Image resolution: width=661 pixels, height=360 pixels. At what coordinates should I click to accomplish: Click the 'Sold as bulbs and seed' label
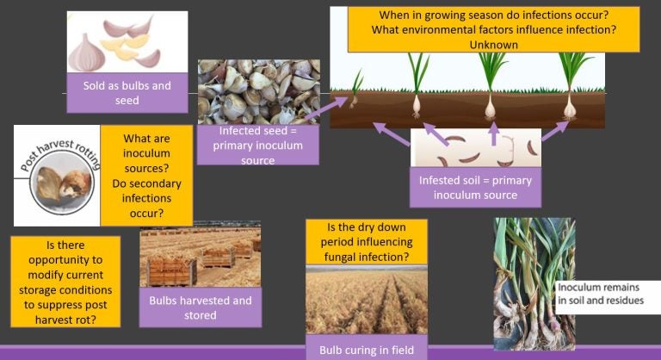click(127, 93)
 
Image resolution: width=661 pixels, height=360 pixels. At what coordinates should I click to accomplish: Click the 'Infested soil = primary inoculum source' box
click(476, 187)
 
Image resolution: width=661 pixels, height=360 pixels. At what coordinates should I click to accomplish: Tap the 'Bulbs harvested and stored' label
click(201, 307)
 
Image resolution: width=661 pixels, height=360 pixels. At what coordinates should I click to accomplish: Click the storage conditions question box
click(65, 280)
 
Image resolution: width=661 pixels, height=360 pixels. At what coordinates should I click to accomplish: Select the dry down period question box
click(368, 242)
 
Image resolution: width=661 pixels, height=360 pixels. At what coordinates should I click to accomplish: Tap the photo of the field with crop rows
click(368, 301)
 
